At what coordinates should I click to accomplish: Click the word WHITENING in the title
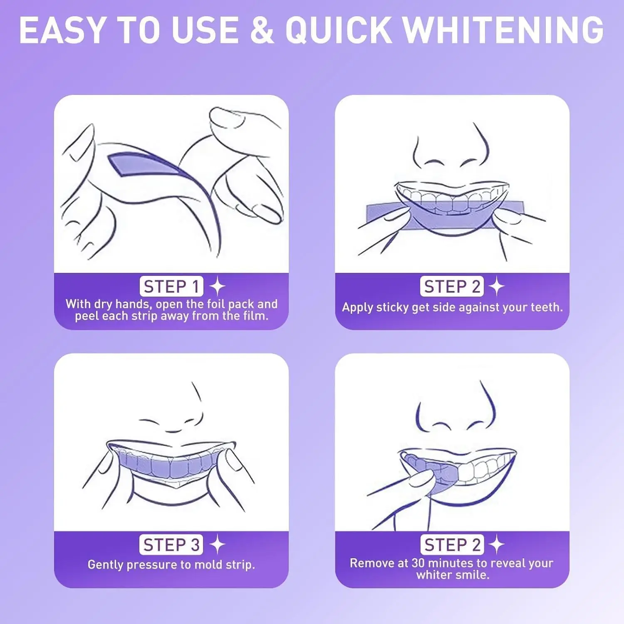503,30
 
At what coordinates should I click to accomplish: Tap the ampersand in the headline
262,30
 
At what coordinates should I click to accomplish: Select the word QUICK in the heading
338,30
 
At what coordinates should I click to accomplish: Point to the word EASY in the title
62,30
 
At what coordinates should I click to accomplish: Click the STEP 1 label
171,287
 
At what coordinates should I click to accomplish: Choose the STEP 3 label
171,545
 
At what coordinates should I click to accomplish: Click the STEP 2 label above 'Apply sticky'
452,287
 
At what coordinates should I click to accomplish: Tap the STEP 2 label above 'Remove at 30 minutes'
452,545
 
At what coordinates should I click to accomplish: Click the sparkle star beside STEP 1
218,287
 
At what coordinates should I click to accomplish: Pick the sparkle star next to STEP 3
218,545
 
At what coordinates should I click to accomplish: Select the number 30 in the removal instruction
418,563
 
